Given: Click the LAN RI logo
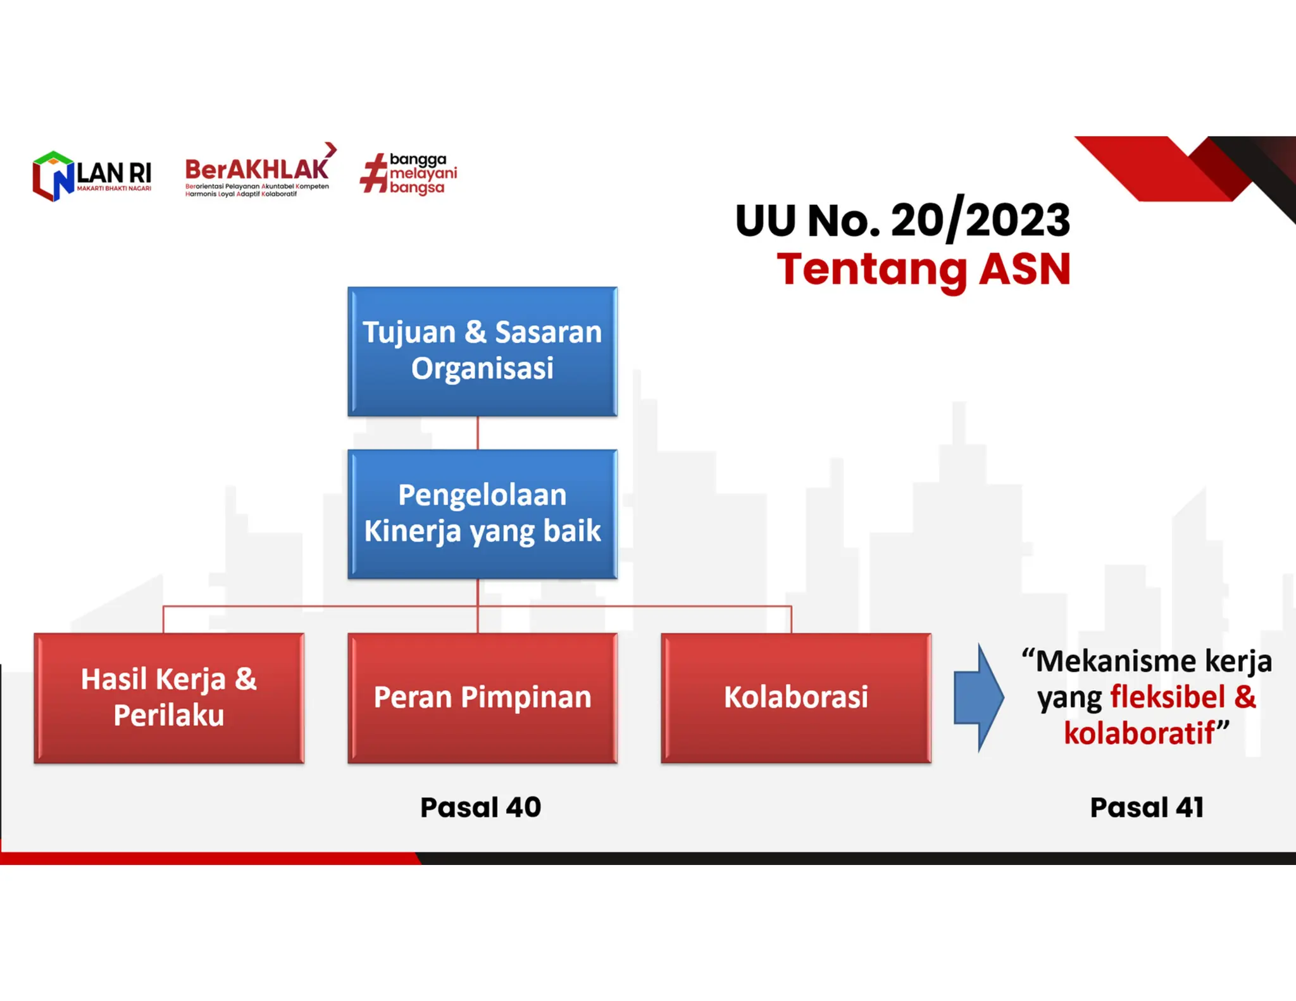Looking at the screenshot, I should pyautogui.click(x=92, y=176).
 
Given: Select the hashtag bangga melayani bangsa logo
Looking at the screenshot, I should pyautogui.click(x=409, y=173).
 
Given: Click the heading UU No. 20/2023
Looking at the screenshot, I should pyautogui.click(x=902, y=220).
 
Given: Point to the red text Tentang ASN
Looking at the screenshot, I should pyautogui.click(x=923, y=270).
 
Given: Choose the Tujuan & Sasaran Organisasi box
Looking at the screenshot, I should pyautogui.click(x=482, y=351).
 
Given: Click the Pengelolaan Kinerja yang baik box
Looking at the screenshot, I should pyautogui.click(x=482, y=514).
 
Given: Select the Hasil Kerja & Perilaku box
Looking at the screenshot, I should pyautogui.click(x=169, y=698).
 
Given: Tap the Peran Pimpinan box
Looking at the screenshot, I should pyautogui.click(x=482, y=698).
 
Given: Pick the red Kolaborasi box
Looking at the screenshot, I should pyautogui.click(x=796, y=698).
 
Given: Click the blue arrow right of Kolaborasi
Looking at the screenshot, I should pyautogui.click(x=978, y=697).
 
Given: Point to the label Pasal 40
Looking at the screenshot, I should pyautogui.click(x=481, y=807).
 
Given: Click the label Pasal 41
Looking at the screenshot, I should pyautogui.click(x=1147, y=807).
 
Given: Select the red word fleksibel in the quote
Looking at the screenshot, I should pyautogui.click(x=1168, y=697).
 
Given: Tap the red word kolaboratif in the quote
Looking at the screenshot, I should pyautogui.click(x=1139, y=733).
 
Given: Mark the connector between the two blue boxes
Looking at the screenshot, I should pyautogui.click(x=478, y=433).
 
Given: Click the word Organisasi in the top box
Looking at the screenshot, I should pyautogui.click(x=482, y=369).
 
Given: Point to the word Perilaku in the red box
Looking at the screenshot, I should pyautogui.click(x=169, y=716).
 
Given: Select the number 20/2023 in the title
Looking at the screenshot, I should pyautogui.click(x=980, y=220).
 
